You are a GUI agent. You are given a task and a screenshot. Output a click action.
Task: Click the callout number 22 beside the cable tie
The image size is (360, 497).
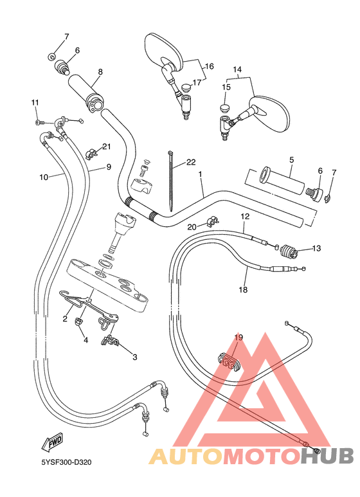(191, 162)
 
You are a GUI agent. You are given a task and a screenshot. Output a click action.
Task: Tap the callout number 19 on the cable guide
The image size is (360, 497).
(239, 338)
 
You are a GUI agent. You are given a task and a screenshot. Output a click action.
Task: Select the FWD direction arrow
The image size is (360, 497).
(51, 444)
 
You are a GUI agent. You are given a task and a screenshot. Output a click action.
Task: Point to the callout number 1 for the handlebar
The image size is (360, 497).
(201, 174)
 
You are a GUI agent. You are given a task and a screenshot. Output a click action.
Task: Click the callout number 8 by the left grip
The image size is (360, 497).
(100, 72)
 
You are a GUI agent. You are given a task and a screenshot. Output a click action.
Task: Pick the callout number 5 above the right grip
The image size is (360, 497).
(291, 159)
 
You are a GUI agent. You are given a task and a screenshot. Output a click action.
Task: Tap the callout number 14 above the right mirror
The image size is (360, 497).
(237, 69)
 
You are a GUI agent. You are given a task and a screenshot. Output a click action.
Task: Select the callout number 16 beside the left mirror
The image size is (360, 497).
(209, 66)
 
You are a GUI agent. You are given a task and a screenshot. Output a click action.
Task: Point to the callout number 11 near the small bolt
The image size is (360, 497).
(35, 102)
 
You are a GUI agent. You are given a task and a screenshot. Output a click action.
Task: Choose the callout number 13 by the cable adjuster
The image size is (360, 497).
(316, 248)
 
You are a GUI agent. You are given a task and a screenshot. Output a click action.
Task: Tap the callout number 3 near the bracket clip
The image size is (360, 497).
(134, 357)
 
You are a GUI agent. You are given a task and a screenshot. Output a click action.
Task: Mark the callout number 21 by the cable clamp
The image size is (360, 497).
(106, 147)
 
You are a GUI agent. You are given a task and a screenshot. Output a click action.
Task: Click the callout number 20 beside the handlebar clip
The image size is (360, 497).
(192, 226)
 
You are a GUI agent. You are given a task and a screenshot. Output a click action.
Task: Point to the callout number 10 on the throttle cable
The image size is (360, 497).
(43, 177)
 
